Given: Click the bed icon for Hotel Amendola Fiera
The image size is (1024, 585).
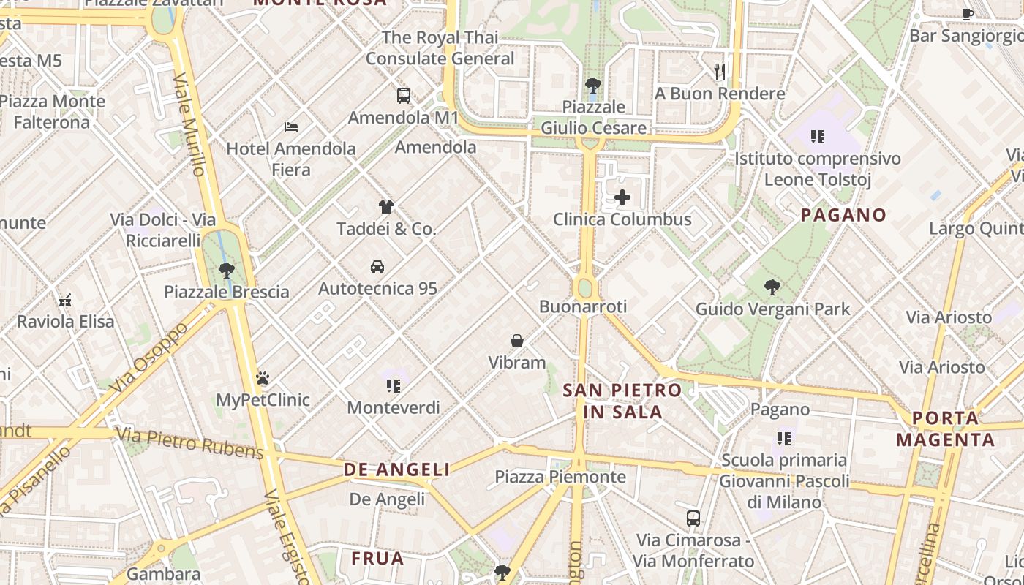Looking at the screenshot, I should pos(291,127).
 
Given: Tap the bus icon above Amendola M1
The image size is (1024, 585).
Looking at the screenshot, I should pos(403,95).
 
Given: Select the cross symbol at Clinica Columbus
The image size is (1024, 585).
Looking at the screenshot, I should pos(622,197).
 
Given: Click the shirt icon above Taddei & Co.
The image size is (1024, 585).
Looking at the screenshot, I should pos(385,207).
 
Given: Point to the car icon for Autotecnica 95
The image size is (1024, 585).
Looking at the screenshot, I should pos(377,267).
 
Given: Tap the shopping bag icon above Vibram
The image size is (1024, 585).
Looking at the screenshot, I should pos(517,341).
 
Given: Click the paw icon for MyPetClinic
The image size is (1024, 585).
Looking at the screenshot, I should pos(263,378).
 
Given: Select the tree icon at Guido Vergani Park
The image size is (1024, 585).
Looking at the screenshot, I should pos(772,287).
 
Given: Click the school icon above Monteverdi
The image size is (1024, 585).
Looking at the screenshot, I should pos(394,385).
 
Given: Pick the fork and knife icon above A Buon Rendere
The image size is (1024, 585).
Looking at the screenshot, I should pos(720,71).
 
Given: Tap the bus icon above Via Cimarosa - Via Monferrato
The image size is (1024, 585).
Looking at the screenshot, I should pos(693,518).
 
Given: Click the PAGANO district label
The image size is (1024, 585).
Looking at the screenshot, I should pos(843,215).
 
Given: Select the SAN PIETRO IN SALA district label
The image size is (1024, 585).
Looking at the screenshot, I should pos(622,401).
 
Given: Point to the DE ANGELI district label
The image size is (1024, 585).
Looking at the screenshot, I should pos(397,469).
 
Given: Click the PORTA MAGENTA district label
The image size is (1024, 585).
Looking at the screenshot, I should pos(945,429).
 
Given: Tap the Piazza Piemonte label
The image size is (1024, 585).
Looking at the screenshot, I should pos(560,477).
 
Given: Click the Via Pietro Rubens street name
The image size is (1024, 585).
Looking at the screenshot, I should pos(190,444).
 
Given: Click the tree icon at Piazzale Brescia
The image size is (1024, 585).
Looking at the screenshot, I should pos(227,270).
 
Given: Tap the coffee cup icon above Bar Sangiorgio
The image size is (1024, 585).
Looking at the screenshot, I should pos(968,12).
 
